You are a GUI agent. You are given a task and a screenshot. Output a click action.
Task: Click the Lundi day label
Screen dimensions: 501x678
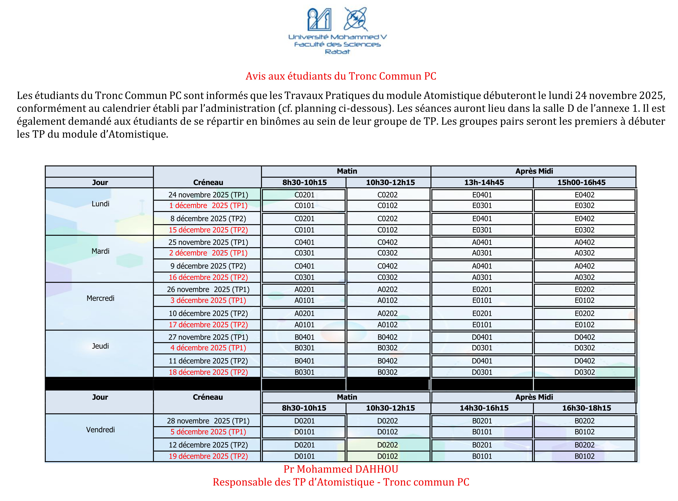[100, 204]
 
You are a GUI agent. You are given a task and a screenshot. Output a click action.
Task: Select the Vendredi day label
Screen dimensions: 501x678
[100, 430]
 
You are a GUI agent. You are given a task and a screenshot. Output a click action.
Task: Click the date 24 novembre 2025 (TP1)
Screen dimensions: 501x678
[208, 195]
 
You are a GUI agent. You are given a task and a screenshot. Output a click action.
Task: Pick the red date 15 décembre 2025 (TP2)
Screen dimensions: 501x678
[208, 230]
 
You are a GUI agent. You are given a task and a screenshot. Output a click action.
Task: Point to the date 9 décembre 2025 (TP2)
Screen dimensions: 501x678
[208, 266]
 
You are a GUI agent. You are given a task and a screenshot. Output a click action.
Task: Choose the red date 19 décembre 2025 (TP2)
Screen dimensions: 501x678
[208, 456]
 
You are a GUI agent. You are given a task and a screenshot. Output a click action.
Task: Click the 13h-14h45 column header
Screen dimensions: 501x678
[484, 182]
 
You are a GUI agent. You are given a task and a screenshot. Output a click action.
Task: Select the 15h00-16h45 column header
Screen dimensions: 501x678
[581, 182]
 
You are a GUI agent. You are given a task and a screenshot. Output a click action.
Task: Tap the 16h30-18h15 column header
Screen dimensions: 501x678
[586, 408]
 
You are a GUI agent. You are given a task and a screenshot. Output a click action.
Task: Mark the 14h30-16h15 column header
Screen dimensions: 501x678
[484, 408]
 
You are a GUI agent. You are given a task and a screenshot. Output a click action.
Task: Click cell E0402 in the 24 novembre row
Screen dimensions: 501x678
[584, 195]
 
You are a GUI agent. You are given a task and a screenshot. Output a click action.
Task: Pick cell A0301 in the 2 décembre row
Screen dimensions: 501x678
[482, 253]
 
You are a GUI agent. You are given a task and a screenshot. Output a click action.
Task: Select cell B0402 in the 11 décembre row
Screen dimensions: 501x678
[387, 361]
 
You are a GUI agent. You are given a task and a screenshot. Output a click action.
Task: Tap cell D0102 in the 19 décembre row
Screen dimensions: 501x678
[387, 456]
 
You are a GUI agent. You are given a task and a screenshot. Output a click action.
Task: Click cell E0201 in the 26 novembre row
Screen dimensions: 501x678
[482, 289]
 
